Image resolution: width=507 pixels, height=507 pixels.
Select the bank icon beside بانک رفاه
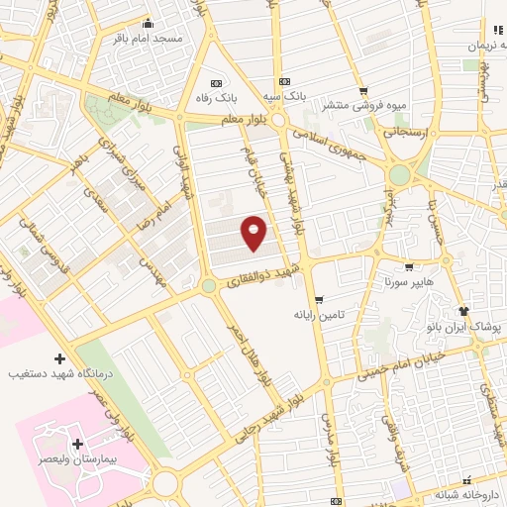pos(218,83)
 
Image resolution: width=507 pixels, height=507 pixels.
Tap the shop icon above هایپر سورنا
pos(408,266)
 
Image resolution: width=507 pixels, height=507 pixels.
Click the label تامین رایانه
pos(317,314)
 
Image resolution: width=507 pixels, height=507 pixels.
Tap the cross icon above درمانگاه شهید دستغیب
pos(59,358)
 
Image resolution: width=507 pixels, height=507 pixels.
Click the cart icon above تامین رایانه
pos(319,300)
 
